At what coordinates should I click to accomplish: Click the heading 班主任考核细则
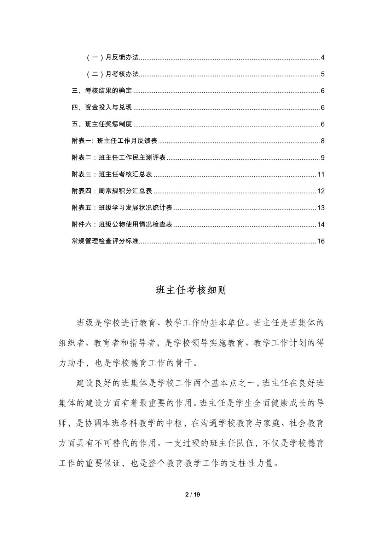click(191, 290)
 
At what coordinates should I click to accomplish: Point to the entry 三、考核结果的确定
click(102, 91)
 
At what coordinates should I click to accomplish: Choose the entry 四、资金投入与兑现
click(102, 107)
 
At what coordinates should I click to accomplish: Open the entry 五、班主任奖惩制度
click(102, 124)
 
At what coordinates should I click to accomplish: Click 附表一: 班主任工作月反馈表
click(115, 141)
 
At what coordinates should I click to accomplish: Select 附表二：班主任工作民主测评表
click(118, 158)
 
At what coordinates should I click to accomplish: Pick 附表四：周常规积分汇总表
click(112, 191)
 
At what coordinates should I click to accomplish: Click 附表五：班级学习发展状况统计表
click(122, 207)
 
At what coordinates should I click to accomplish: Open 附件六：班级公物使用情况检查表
click(122, 224)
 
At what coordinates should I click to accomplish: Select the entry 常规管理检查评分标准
click(105, 241)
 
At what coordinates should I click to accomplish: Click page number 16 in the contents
click(321, 241)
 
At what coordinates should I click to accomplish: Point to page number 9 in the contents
click(323, 158)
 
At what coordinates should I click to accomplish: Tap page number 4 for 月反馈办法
click(323, 58)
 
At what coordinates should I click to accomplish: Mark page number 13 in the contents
click(321, 208)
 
